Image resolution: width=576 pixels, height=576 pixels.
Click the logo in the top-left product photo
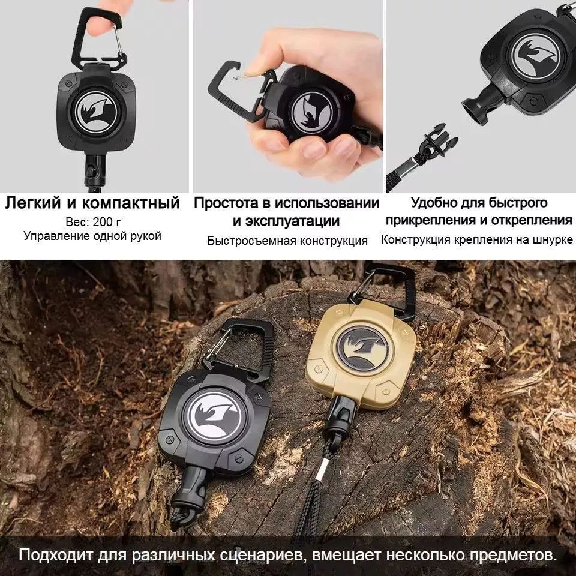pyautogui.click(x=95, y=112)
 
